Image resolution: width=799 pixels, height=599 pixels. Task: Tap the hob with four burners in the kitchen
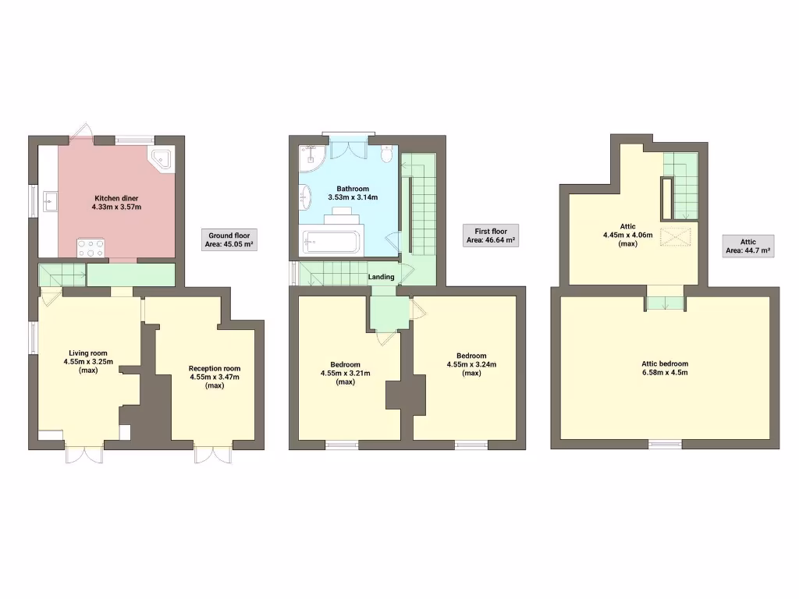pos(91,247)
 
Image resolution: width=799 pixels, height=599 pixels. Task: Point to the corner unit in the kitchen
pos(164,158)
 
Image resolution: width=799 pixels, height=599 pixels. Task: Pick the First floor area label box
pos(491,236)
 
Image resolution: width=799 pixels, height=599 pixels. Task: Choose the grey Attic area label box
pos(748,246)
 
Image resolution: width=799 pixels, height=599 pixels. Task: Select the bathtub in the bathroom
pos(332,241)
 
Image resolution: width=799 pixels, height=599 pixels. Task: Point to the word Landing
pos(382,277)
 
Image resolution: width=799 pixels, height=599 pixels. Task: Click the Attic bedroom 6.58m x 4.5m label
pos(665,368)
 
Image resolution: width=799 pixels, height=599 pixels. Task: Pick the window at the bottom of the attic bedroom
pos(665,445)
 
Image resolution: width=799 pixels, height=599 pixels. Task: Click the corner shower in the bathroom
pos(312,158)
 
